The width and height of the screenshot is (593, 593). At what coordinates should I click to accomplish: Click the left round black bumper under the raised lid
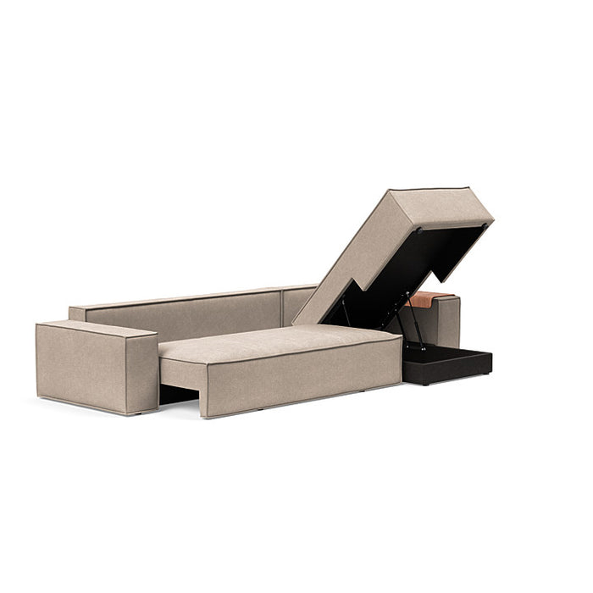pos(419,230)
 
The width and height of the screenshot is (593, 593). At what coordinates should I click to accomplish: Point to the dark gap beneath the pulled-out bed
pos(180,394)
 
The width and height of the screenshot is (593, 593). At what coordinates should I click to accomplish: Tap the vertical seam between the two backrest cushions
pos(281,309)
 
